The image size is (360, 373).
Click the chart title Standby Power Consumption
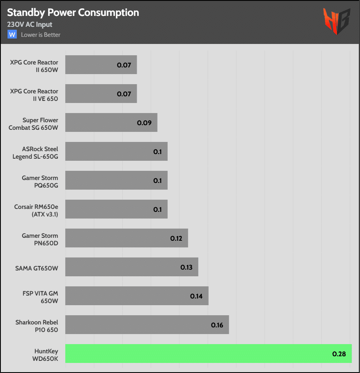[x=73, y=13]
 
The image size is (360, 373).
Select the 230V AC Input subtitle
[x=30, y=25]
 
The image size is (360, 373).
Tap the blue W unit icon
[x=12, y=34]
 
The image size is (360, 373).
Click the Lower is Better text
[x=41, y=35]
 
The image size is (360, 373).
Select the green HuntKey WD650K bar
[x=208, y=354]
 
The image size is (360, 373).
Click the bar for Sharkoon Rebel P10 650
[x=147, y=325]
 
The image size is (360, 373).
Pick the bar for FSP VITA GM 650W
[x=137, y=296]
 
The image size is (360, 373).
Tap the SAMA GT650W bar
[x=131, y=267]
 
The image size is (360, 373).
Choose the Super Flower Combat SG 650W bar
[x=111, y=123]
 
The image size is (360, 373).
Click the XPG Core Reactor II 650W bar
[x=101, y=65]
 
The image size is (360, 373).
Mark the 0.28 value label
[x=339, y=354]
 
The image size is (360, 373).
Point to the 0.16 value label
[x=217, y=325]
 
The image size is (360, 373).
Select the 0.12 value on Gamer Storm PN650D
[x=176, y=239]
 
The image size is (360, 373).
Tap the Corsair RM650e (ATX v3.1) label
[x=36, y=209]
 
